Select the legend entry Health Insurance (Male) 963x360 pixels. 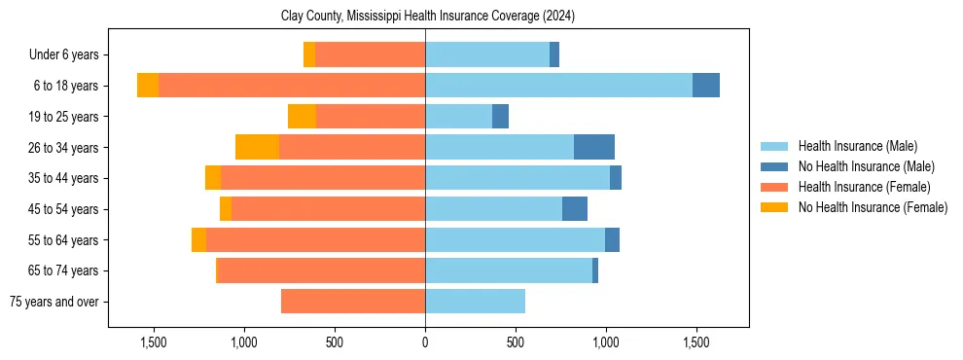pyautogui.click(x=857, y=146)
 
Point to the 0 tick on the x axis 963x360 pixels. pyautogui.click(x=425, y=342)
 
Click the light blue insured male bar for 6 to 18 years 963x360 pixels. pyautogui.click(x=558, y=86)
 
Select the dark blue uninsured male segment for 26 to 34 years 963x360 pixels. pyautogui.click(x=593, y=147)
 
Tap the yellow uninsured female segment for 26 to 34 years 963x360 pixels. pyautogui.click(x=257, y=147)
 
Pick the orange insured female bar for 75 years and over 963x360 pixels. pyautogui.click(x=353, y=302)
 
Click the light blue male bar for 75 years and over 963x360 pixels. pyautogui.click(x=475, y=302)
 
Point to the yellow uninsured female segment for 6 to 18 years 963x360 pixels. pyautogui.click(x=148, y=86)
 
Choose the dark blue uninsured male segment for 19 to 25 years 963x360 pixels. pyautogui.click(x=500, y=117)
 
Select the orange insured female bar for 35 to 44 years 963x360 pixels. pyautogui.click(x=323, y=178)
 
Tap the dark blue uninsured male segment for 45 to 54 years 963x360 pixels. pyautogui.click(x=574, y=209)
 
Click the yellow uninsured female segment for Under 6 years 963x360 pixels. pyautogui.click(x=309, y=55)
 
